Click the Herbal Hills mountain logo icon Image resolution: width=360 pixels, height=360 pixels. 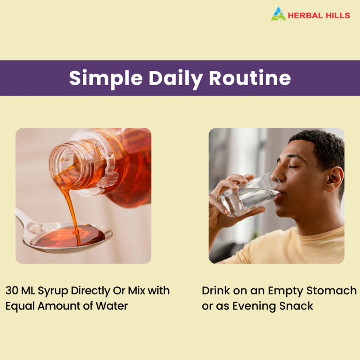pos(278,14)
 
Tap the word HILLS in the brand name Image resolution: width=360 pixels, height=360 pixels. pos(338,16)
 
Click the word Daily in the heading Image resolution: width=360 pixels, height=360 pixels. pos(176,79)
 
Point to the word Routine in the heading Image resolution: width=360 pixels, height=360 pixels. pos(250,78)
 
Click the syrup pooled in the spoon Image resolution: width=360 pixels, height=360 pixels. pos(72,236)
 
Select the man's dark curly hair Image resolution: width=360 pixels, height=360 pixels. pos(320,144)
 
